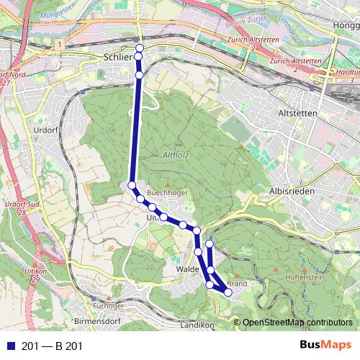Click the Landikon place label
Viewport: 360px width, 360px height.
pos(199,325)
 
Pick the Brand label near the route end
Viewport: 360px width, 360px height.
pos(237,284)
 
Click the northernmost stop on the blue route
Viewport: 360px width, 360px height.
pos(140,48)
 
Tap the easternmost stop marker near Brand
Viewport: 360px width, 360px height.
pos(228,292)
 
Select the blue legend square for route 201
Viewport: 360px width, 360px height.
pos(9,346)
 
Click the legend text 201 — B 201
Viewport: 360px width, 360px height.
pos(52,346)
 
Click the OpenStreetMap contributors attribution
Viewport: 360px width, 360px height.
pos(299,323)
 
